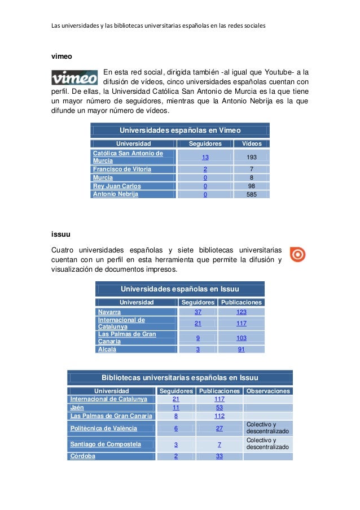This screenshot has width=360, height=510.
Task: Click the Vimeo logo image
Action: click(74, 77)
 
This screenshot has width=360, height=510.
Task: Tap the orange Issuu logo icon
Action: click(297, 255)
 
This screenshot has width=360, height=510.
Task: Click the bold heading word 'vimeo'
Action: click(62, 56)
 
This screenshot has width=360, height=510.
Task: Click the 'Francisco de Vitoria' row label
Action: click(122, 169)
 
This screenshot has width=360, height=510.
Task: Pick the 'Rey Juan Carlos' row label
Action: click(117, 186)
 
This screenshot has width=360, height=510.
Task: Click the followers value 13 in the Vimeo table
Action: click(205, 157)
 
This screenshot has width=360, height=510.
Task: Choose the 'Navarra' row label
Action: click(109, 312)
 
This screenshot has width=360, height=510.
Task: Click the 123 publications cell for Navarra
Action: click(242, 312)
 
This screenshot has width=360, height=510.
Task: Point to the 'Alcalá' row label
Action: click(107, 350)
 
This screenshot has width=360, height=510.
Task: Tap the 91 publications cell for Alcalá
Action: click(242, 350)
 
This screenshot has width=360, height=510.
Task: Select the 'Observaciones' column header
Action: click(268, 391)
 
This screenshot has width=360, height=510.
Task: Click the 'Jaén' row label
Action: click(77, 407)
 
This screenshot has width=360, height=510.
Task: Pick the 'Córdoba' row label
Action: click(82, 456)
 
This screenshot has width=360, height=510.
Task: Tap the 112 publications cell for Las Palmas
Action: click(219, 416)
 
